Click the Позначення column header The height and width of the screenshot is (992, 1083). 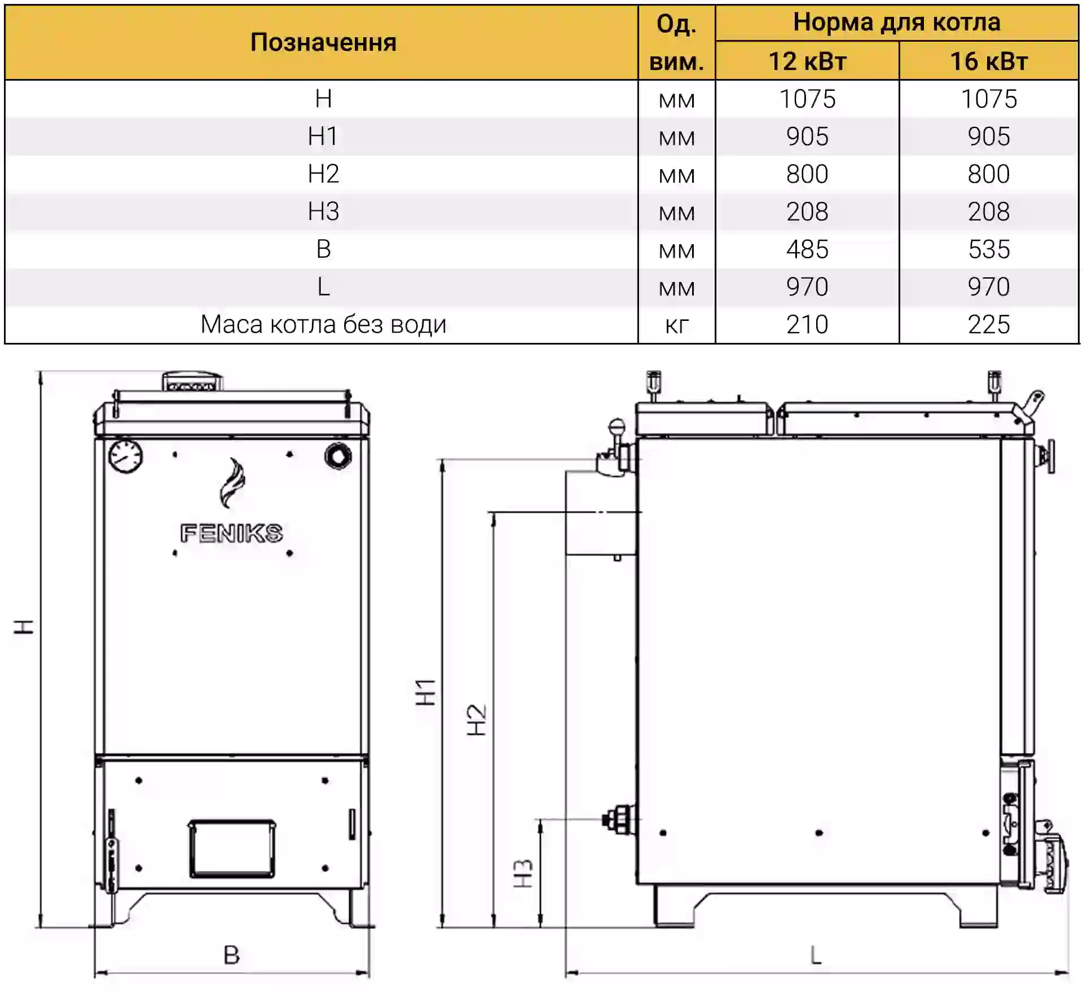pyautogui.click(x=323, y=42)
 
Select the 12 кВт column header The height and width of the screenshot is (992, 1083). pyautogui.click(x=807, y=61)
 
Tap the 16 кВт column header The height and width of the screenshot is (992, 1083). pyautogui.click(x=989, y=61)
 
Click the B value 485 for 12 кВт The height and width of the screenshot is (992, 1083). pyautogui.click(x=807, y=249)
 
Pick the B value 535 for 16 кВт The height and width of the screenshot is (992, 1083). pyautogui.click(x=989, y=249)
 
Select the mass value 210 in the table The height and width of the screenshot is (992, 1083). pyautogui.click(x=807, y=325)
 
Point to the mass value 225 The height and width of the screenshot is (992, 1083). pyautogui.click(x=989, y=325)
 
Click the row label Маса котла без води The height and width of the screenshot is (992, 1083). pyautogui.click(x=323, y=325)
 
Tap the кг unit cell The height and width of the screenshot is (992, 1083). pyautogui.click(x=676, y=326)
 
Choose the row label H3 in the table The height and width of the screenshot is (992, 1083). pyautogui.click(x=323, y=211)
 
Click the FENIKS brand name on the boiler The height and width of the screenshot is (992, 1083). pyautogui.click(x=231, y=534)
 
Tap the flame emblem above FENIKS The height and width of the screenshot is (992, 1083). pyautogui.click(x=232, y=483)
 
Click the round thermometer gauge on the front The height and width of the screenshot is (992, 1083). pyautogui.click(x=125, y=456)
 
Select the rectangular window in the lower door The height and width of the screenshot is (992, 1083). pyautogui.click(x=232, y=849)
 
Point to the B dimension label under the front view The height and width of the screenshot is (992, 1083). pyautogui.click(x=232, y=955)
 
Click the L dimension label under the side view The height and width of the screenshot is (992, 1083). pyautogui.click(x=816, y=955)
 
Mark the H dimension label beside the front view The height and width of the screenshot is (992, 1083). pyautogui.click(x=24, y=627)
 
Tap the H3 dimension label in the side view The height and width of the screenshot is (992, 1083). pyautogui.click(x=523, y=873)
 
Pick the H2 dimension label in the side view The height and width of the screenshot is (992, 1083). pyautogui.click(x=477, y=720)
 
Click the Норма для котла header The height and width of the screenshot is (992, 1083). pyautogui.click(x=897, y=23)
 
